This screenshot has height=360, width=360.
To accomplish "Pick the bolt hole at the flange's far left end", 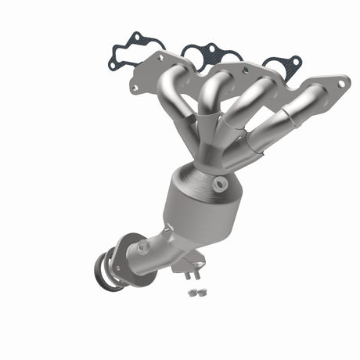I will click(x=134, y=88).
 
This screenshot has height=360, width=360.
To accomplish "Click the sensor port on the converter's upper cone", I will click(x=220, y=185).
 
